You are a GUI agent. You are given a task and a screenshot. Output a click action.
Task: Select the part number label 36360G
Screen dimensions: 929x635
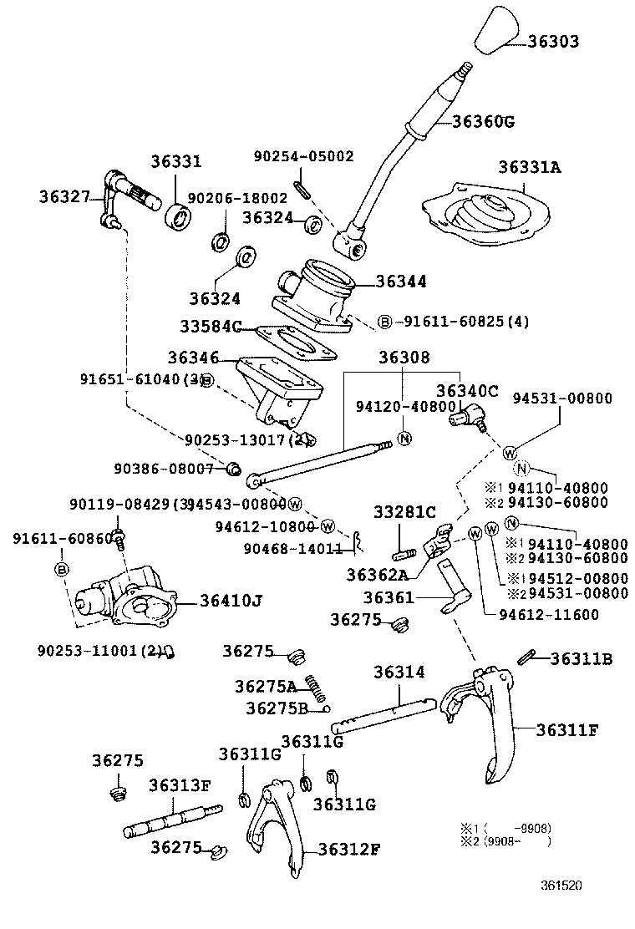tap(483, 121)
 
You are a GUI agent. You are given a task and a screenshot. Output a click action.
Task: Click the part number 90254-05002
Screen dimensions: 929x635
tap(304, 156)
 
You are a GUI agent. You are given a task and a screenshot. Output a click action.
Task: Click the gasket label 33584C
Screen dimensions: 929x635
tap(211, 325)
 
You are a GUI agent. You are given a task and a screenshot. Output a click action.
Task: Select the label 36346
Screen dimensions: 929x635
tap(193, 358)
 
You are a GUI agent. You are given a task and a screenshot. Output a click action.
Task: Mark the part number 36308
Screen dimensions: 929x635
tap(404, 358)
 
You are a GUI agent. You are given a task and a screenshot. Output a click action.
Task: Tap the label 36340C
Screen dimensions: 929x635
tap(467, 390)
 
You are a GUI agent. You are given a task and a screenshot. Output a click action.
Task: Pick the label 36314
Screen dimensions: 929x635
tap(399, 672)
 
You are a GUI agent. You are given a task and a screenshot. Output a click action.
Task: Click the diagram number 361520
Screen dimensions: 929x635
tap(561, 885)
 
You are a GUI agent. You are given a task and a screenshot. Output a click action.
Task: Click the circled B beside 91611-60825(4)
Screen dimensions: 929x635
tap(384, 322)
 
